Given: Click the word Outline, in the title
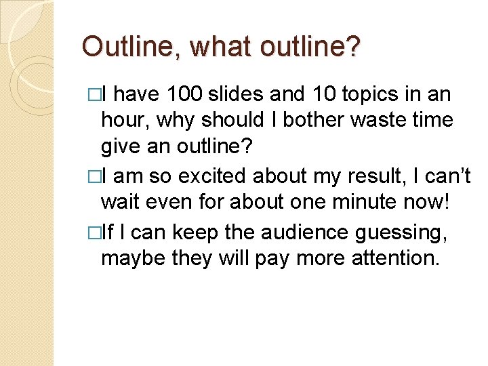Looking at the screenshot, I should (x=131, y=47).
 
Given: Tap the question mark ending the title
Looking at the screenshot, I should (x=354, y=47).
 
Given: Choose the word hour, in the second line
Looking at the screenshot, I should (x=126, y=120).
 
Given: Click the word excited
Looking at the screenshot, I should (x=209, y=177).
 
